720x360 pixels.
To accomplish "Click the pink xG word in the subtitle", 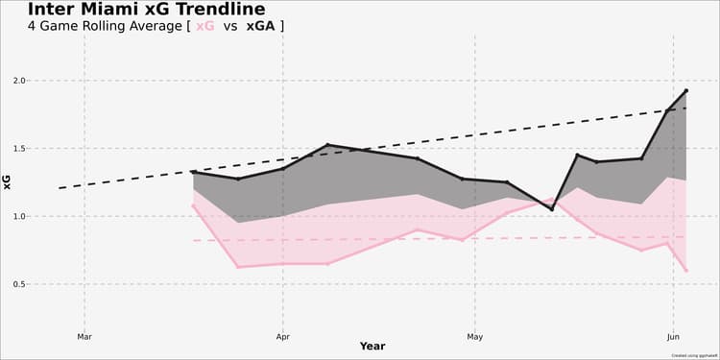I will point(204,26).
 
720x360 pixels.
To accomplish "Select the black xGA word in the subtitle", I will point(259,26).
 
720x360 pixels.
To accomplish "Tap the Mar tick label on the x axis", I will point(84,337).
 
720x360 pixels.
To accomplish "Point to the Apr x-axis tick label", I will point(282,337).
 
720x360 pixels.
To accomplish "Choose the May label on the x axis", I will point(474,337).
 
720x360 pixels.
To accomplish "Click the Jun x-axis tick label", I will point(673,337).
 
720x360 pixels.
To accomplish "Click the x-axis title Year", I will point(372,347).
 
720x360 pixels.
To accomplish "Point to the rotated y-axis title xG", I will point(8,182).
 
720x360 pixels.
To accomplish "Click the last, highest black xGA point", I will point(685,90).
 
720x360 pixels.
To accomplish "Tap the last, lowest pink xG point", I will point(685,271).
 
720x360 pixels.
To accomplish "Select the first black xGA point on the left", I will point(193,172).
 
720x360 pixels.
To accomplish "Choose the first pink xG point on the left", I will point(193,205).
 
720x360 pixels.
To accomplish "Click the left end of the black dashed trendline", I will point(60,188).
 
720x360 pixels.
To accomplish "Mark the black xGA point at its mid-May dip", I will point(552,208).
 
